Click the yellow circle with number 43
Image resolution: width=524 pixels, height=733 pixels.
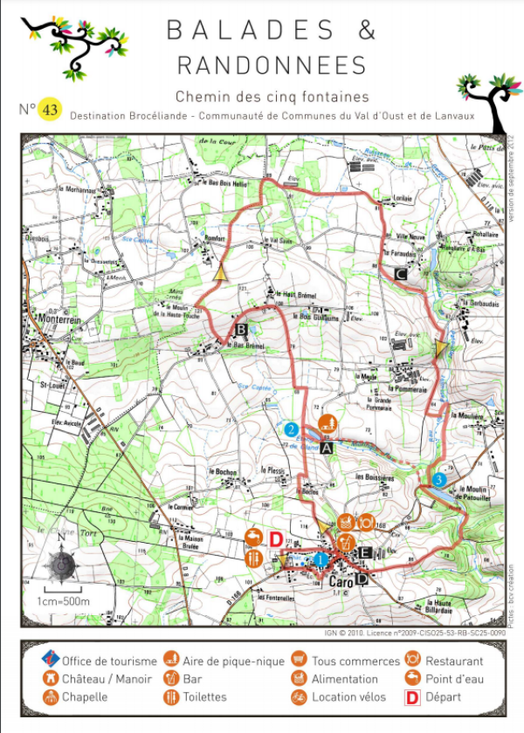[50, 110]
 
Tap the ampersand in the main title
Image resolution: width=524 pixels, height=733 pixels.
[366, 30]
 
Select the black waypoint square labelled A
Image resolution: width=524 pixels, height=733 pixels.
[327, 448]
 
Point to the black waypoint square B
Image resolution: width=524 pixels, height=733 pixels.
[242, 329]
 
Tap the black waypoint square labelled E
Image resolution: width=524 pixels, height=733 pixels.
[366, 552]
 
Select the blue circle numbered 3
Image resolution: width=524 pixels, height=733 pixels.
[439, 479]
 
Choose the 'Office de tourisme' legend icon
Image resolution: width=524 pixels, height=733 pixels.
[52, 661]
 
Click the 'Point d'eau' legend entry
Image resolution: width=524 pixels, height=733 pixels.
[454, 679]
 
